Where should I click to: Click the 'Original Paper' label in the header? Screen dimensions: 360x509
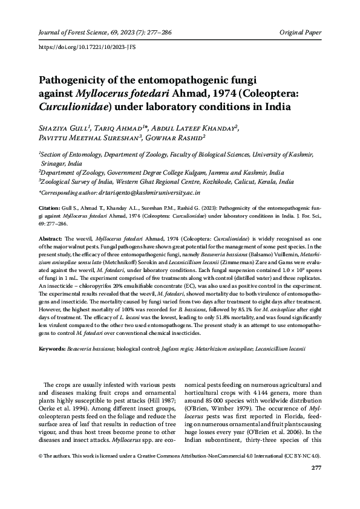coord(301,31)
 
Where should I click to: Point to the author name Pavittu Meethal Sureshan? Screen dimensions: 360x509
coord(88,138)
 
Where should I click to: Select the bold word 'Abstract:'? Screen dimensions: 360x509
coord(51,239)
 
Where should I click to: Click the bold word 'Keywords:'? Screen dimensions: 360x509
coord(53,349)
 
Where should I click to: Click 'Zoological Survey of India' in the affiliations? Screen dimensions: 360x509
coord(77,180)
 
